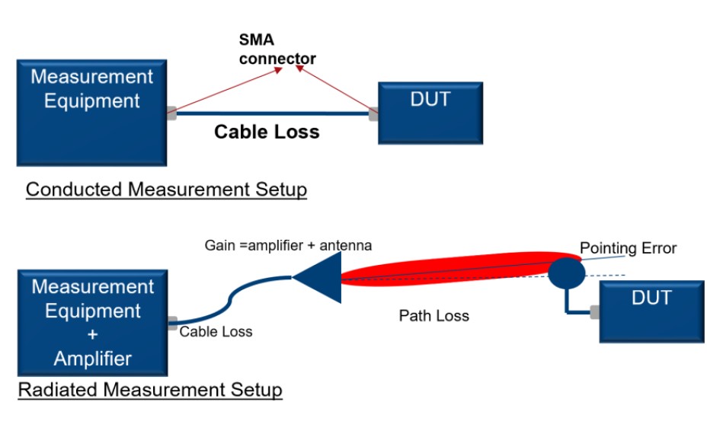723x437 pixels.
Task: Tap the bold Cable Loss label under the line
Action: point(267,132)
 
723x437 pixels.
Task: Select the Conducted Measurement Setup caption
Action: point(166,189)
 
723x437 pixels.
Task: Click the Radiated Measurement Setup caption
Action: point(150,391)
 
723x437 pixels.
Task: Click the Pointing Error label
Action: point(628,248)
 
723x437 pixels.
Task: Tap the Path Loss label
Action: point(433,315)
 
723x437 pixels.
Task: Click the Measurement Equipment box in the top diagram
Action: point(91,112)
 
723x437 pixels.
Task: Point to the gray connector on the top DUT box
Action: point(373,115)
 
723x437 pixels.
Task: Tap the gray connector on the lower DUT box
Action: point(594,311)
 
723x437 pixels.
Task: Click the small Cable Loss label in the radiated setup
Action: point(216,332)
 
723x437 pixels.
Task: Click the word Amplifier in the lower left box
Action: point(92,359)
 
